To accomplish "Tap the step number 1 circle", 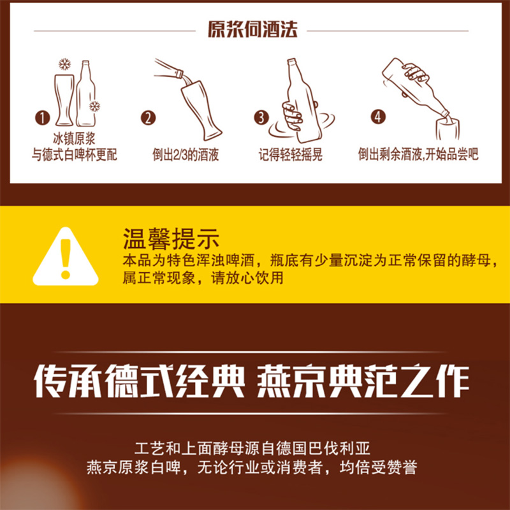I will coord(43,118).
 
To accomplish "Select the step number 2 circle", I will coord(148,118).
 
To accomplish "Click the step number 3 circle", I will coord(261,118).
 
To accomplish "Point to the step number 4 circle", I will coord(379,118).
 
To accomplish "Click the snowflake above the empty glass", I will coord(63,64).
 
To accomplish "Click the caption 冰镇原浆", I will coord(75,140).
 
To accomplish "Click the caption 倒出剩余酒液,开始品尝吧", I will coord(418,154).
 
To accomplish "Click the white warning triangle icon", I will coord(65,259).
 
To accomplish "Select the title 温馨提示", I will coord(170,240).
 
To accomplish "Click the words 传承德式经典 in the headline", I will coord(139,382).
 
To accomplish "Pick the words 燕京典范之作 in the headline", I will coord(363,382).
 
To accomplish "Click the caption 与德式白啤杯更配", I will coord(75,154).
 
